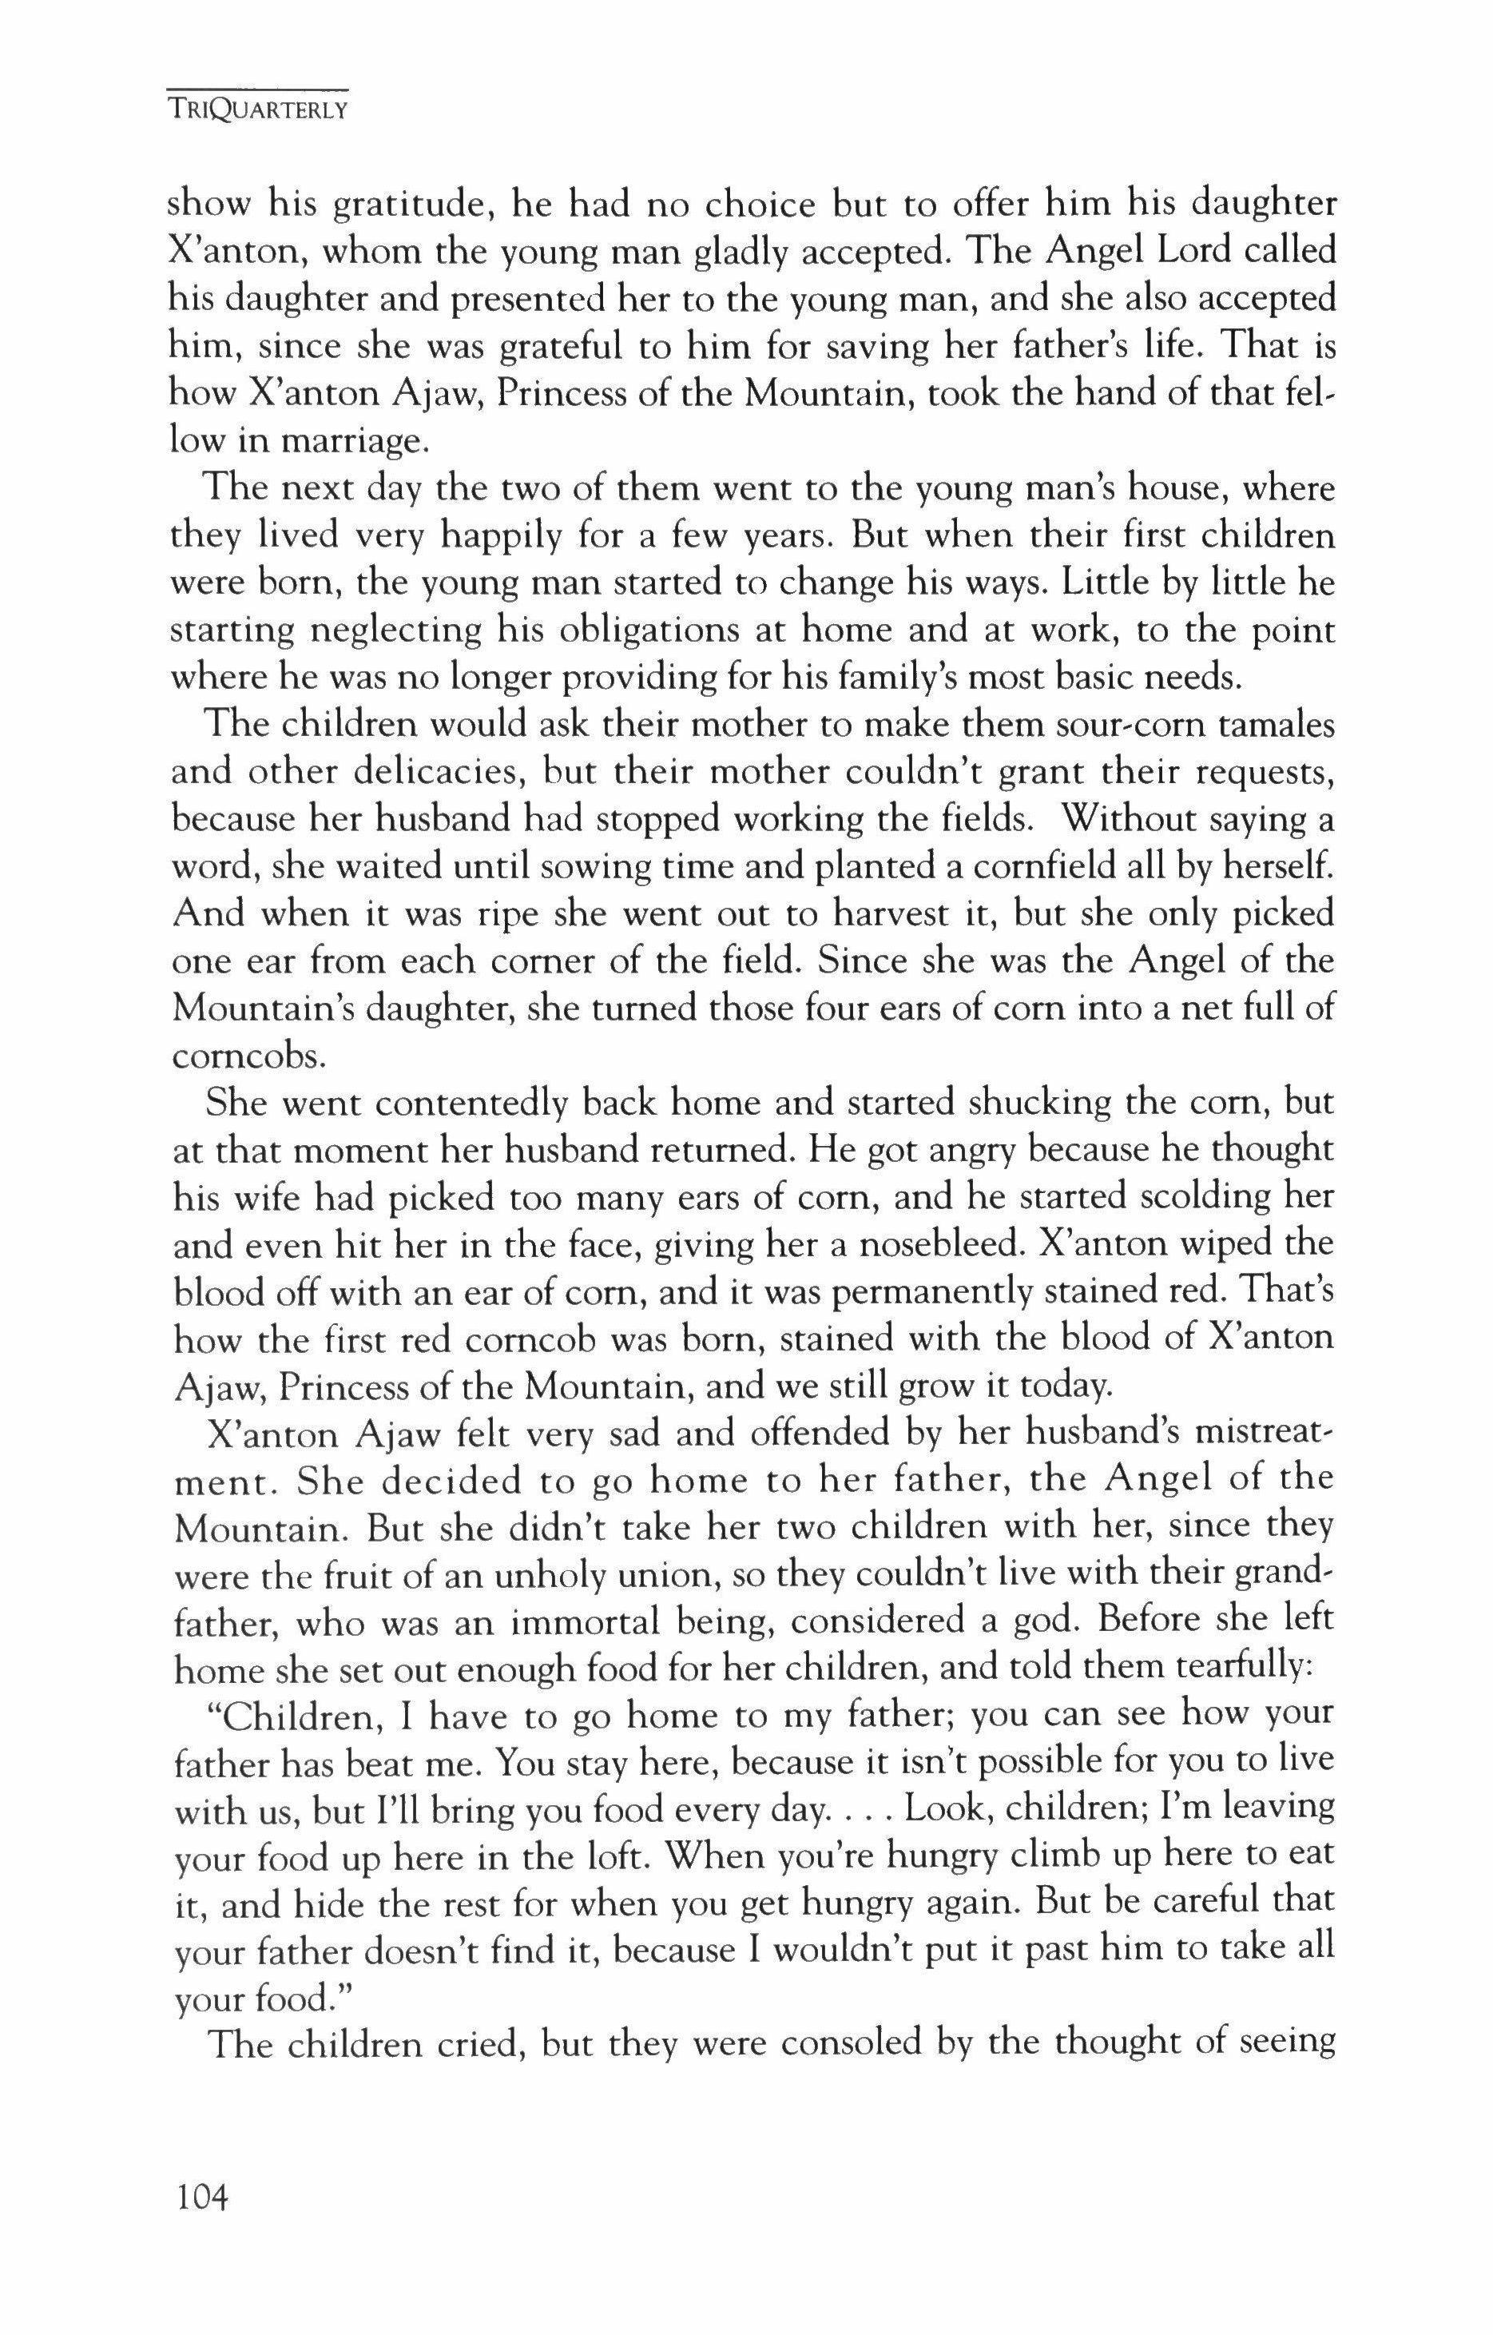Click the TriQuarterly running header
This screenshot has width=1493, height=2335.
pos(258,109)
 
